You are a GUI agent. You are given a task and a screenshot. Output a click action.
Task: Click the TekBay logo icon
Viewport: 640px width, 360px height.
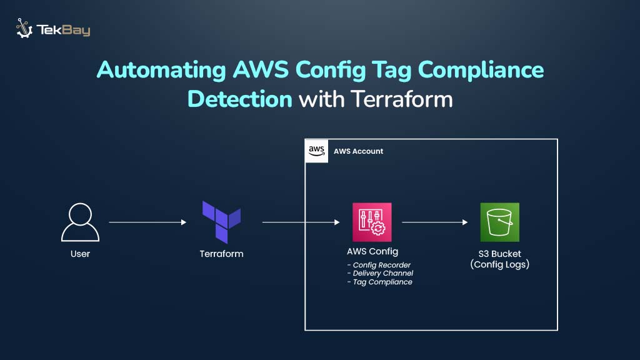point(24,29)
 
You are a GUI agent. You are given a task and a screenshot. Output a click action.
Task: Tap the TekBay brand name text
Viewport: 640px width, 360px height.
point(64,30)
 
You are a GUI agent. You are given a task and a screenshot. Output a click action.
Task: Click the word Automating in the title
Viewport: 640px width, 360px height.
point(161,70)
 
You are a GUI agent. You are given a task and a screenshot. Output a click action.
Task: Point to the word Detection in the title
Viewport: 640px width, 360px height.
point(240,99)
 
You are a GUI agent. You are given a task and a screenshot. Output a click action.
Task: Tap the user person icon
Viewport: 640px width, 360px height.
point(80,223)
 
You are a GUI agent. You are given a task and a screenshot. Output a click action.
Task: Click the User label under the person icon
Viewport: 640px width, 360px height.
point(80,254)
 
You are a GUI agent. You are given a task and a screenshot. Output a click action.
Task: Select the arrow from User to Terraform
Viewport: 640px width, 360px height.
point(147,222)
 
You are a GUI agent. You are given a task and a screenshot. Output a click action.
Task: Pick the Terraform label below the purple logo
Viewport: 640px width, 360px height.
point(221,254)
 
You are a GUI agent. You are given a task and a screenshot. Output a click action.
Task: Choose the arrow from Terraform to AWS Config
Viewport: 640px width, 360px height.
point(301,222)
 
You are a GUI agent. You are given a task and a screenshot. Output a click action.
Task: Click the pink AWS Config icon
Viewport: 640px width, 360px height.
point(372,222)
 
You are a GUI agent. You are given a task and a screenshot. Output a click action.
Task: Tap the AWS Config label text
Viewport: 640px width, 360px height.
point(372,251)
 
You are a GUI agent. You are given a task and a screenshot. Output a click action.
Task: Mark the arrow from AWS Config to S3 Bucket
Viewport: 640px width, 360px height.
point(435,222)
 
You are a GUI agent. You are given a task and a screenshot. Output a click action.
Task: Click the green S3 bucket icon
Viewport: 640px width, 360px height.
point(499,222)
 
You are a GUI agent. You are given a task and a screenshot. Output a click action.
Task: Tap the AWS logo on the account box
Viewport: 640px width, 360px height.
point(316,151)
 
